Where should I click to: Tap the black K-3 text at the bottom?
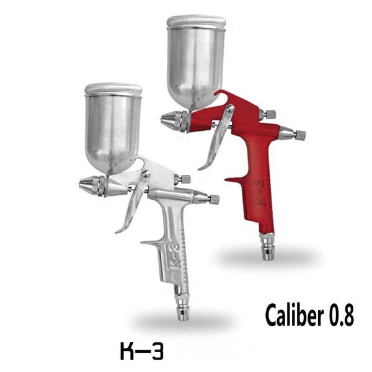click(x=141, y=352)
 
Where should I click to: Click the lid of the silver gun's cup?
click(x=113, y=89)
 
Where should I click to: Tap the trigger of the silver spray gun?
click(x=133, y=205)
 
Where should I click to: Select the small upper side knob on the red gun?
click(x=269, y=114)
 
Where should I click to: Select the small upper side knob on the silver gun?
click(x=184, y=179)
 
